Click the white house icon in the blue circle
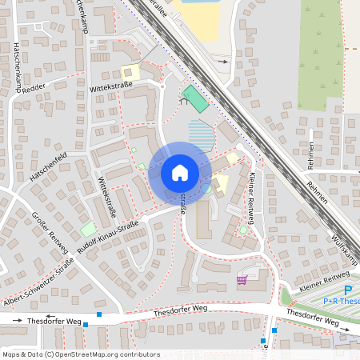pyautogui.click(x=180, y=172)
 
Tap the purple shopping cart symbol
pyautogui.click(x=242, y=280)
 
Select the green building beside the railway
pyautogui.click(x=194, y=100)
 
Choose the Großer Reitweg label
pyautogui.click(x=50, y=233)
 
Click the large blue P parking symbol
pyautogui.click(x=347, y=290)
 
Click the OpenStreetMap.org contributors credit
pyautogui.click(x=104, y=354)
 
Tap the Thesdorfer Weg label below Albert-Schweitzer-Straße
pyautogui.click(x=54, y=321)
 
